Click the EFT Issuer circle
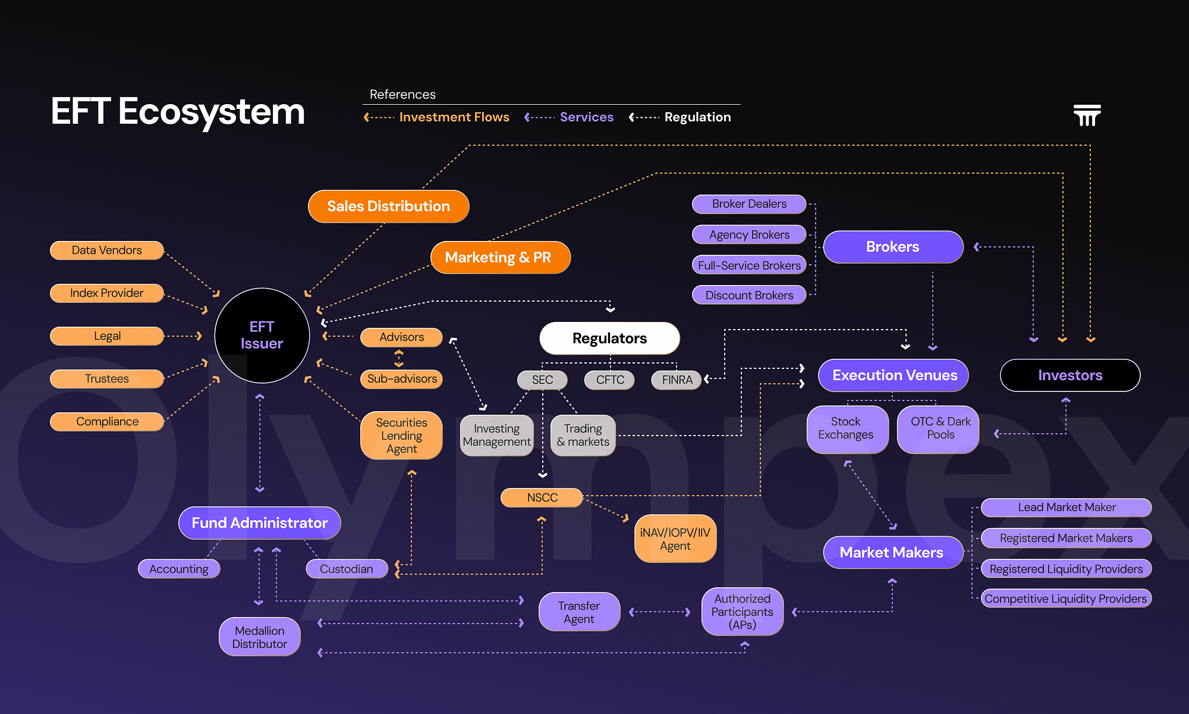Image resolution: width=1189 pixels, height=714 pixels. pyautogui.click(x=262, y=336)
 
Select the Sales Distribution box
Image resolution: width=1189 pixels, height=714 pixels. pyautogui.click(x=389, y=206)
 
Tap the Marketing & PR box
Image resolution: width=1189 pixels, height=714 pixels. pyautogui.click(x=501, y=258)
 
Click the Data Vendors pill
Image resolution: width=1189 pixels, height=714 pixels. pyautogui.click(x=107, y=250)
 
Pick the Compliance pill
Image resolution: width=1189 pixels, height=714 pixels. pyautogui.click(x=107, y=422)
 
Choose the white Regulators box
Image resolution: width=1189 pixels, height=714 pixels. pyautogui.click(x=609, y=339)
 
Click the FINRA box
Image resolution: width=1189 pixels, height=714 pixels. pyautogui.click(x=677, y=380)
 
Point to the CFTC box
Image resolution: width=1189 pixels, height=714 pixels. pyautogui.click(x=610, y=380)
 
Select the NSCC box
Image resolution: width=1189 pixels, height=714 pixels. pyautogui.click(x=542, y=498)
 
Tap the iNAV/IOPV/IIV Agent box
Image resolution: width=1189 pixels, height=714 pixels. pyautogui.click(x=675, y=539)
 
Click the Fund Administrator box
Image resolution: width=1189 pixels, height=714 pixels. pyautogui.click(x=260, y=523)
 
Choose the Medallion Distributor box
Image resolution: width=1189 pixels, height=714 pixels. pyautogui.click(x=260, y=637)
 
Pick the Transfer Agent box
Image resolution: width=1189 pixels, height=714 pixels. pyautogui.click(x=579, y=612)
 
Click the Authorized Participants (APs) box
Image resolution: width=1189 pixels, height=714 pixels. pyautogui.click(x=743, y=612)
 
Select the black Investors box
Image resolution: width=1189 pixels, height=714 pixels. pyautogui.click(x=1070, y=375)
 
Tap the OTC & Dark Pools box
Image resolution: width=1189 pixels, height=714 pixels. pyautogui.click(x=940, y=428)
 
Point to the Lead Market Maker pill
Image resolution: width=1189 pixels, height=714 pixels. pyautogui.click(x=1067, y=508)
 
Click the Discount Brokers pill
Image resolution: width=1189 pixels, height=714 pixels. pyautogui.click(x=749, y=295)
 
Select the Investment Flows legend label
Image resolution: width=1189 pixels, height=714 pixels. pyautogui.click(x=454, y=117)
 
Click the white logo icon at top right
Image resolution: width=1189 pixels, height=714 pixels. pyautogui.click(x=1087, y=115)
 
